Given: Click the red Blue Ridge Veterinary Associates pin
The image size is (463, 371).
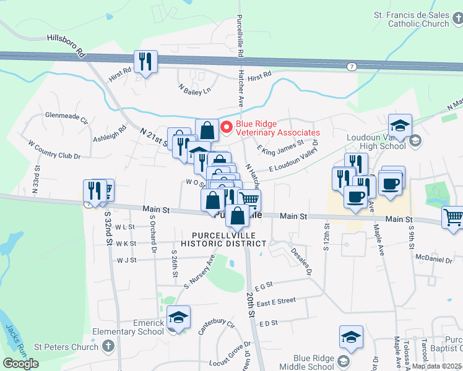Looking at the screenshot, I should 226,127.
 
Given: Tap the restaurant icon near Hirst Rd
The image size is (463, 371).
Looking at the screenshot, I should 146,61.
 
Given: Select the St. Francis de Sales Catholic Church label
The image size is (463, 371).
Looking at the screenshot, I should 410,19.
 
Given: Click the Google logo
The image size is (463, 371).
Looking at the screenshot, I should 20,364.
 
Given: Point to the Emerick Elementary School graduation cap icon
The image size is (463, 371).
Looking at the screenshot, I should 178,317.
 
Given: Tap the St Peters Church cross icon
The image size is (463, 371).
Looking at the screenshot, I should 108,346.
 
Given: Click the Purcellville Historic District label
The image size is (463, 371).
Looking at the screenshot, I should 228,239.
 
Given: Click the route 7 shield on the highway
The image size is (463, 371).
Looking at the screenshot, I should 352,66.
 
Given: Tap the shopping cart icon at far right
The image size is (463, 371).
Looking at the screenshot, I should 453,217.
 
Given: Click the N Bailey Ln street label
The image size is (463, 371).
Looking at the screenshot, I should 195,90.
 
